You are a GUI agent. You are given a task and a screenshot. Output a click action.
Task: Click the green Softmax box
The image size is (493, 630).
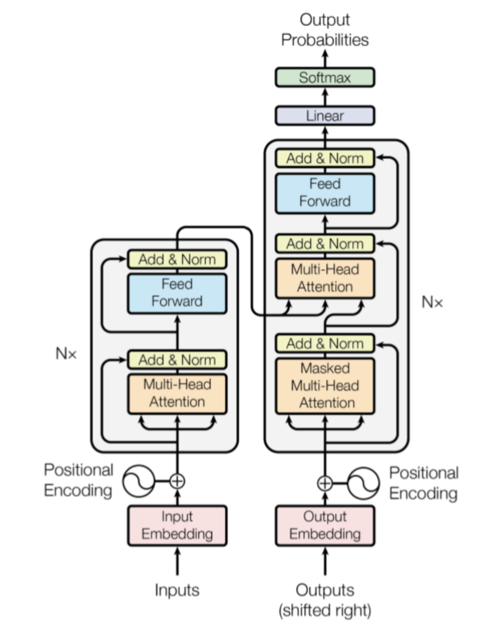click(325, 78)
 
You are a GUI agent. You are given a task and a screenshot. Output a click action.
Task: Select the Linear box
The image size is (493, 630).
click(325, 116)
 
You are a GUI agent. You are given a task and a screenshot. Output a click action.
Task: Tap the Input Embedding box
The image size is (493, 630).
click(177, 525)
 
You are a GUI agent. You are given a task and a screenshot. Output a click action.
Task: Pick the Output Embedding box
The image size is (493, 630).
click(325, 525)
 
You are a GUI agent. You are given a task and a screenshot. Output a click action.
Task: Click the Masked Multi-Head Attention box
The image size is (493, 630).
click(325, 386)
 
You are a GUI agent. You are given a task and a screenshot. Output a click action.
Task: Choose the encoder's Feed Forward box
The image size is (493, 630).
click(177, 293)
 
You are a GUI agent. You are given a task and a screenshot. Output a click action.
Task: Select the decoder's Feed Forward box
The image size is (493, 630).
click(325, 193)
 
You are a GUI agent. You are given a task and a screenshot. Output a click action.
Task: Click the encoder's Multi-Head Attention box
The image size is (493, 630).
click(177, 393)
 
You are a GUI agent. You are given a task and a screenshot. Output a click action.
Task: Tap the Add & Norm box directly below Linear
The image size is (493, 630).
click(325, 159)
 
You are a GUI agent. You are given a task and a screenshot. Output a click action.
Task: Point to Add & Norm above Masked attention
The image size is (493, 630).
click(325, 344)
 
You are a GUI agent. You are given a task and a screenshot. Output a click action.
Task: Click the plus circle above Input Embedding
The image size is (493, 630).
click(177, 481)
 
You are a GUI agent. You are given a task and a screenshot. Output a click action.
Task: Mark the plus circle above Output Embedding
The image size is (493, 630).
click(325, 483)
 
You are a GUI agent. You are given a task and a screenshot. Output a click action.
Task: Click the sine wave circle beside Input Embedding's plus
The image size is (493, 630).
click(139, 481)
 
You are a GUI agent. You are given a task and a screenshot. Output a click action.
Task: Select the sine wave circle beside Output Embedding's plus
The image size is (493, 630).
click(363, 483)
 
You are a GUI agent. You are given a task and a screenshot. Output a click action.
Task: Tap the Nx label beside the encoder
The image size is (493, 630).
click(66, 354)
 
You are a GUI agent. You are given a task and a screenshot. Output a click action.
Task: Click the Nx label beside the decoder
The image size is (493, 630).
click(432, 302)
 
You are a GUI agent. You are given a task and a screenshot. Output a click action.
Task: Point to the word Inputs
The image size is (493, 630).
click(177, 590)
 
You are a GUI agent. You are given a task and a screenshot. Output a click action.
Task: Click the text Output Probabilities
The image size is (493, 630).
click(325, 30)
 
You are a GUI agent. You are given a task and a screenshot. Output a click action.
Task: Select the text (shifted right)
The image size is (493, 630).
click(325, 610)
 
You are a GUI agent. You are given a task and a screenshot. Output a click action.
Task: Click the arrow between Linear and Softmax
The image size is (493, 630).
click(325, 97)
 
